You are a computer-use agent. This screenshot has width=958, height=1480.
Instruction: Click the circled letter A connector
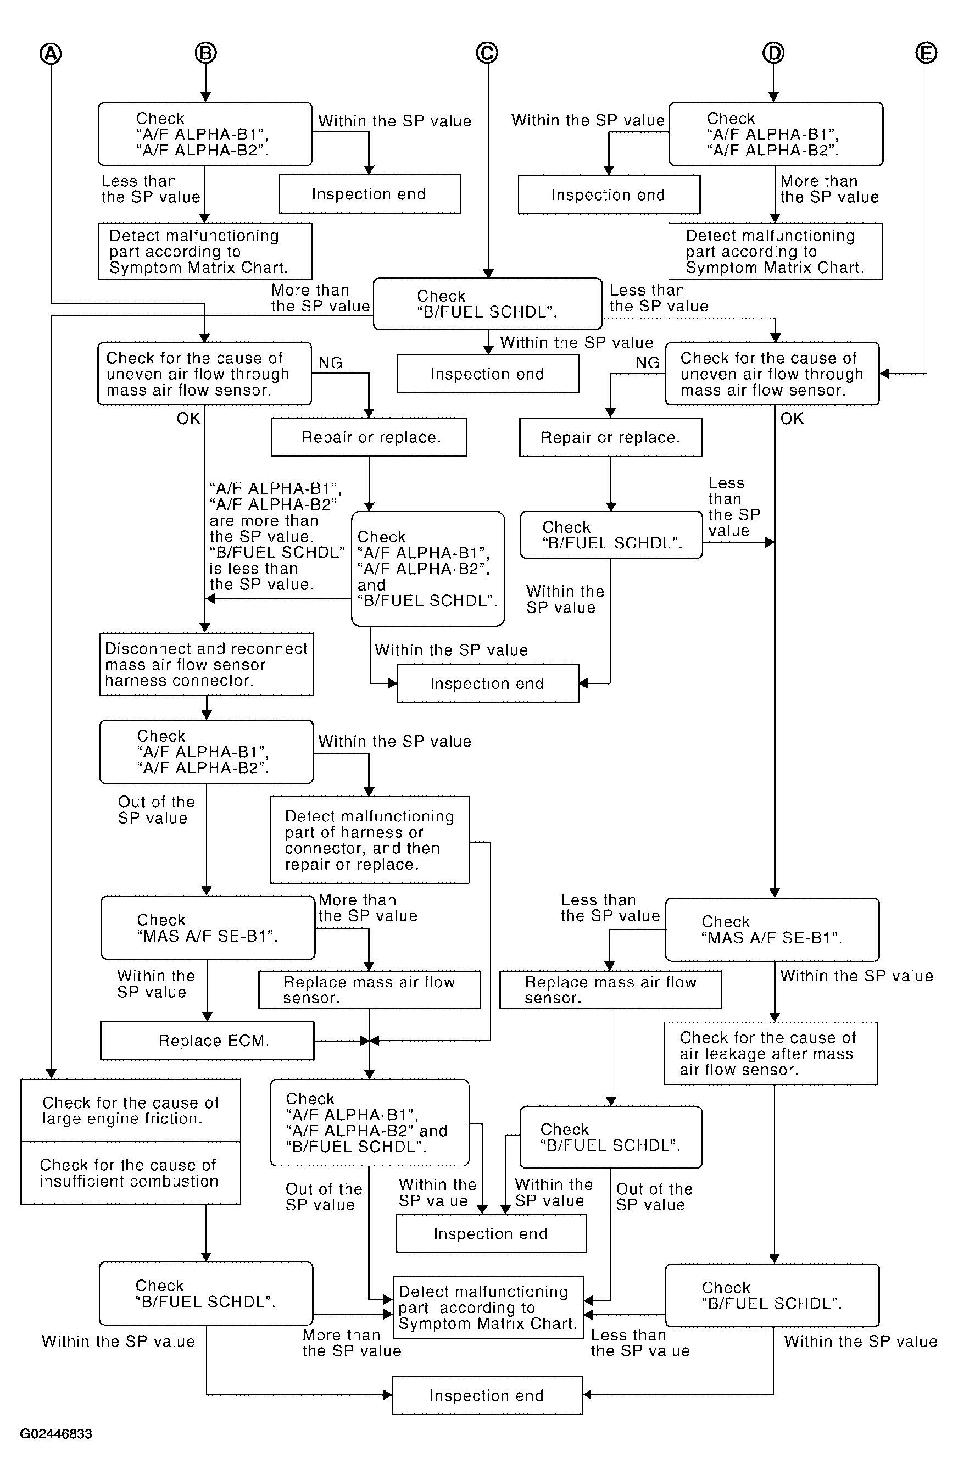coord(51,53)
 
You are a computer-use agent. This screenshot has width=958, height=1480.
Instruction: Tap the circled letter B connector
coord(206,53)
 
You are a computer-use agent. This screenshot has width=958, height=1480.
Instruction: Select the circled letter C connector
coord(487,53)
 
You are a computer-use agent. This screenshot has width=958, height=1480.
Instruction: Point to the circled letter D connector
coord(773,53)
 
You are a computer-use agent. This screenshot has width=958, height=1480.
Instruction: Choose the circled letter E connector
coord(926,53)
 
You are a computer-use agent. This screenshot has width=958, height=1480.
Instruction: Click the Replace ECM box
coord(207,1041)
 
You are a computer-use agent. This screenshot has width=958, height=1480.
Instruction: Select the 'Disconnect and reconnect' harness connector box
coord(207,664)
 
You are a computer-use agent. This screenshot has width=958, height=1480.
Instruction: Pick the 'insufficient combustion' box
coord(131,1173)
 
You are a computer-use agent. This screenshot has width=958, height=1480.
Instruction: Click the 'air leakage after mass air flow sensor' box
coord(770,1053)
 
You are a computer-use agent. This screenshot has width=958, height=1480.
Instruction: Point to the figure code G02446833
coord(56,1434)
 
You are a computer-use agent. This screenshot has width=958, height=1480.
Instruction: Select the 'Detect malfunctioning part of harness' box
coord(370,839)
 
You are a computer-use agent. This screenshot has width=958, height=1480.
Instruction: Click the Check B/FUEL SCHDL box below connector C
coord(487,303)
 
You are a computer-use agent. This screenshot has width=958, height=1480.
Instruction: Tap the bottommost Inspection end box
coord(487,1395)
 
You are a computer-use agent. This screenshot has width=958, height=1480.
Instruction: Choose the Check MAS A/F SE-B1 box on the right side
coord(772,930)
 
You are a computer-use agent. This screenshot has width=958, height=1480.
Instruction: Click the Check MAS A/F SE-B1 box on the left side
coord(208,928)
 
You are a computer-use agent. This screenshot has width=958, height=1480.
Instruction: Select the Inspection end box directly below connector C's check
coord(488,374)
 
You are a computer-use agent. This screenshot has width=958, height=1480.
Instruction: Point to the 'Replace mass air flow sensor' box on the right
coord(610,989)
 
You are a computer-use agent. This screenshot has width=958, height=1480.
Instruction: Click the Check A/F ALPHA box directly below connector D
coord(776,134)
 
